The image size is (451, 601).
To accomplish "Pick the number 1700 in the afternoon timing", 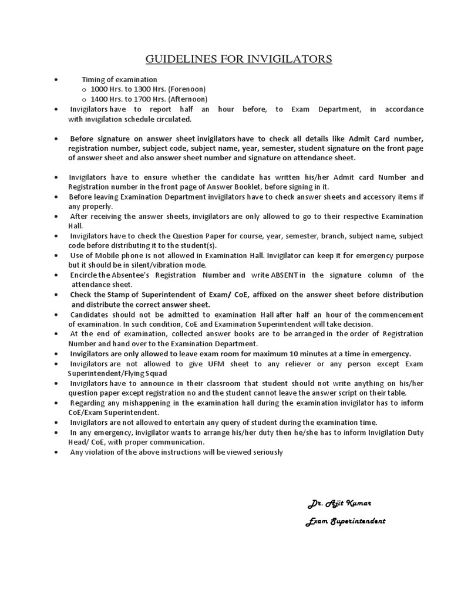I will tap(142, 99).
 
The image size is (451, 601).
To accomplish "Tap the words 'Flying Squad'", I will tap(150, 373).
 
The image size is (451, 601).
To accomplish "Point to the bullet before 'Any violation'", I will tap(55, 452).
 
